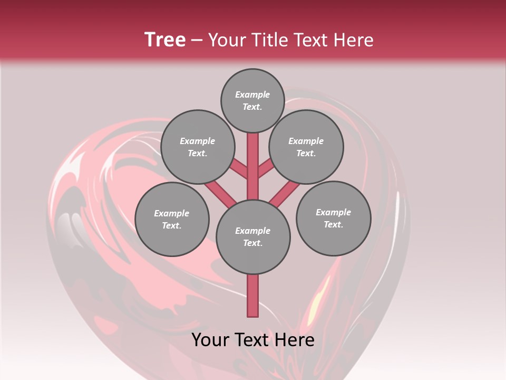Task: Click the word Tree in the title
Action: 165,40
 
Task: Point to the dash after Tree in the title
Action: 197,41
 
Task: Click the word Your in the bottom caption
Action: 211,339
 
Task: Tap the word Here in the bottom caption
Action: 296,339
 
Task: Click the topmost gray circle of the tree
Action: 252,100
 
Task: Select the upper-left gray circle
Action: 197,147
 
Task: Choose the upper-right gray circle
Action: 306,147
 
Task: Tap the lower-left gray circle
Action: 172,219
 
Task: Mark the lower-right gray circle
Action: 333,218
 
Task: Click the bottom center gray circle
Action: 253,236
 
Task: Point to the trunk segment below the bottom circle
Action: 253,296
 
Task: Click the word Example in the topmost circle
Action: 252,94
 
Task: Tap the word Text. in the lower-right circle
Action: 333,224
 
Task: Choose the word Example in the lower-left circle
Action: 172,213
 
